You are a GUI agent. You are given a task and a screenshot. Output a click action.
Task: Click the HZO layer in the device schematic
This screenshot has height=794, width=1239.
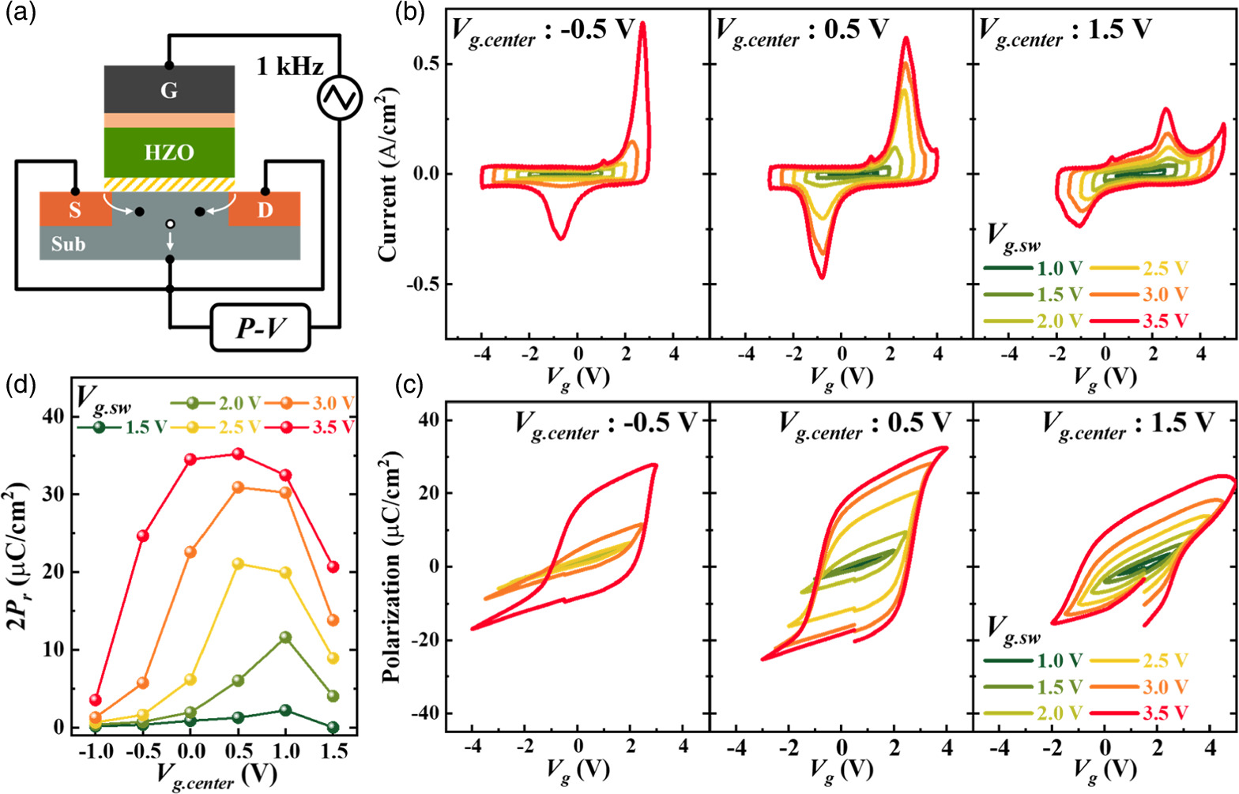pos(169,152)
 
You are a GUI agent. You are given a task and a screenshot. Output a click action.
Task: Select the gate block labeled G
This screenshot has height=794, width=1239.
pos(169,89)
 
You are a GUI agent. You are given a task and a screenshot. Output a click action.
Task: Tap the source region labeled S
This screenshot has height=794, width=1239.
pos(75,210)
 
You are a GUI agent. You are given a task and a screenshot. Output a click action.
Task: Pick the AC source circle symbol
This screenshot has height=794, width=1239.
pos(339,98)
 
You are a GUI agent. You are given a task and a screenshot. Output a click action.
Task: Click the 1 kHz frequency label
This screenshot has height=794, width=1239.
pos(289,67)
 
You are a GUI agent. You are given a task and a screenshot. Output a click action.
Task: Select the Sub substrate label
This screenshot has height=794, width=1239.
pos(69,244)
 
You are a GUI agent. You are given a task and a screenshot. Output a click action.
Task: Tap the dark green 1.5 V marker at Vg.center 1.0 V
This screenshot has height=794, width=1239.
pos(285,710)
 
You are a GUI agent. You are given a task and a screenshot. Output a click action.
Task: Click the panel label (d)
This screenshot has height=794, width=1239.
pos(19,386)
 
